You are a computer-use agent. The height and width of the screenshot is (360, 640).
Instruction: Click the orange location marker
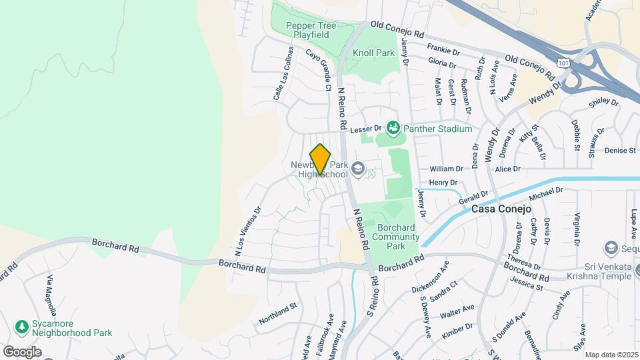[x=320, y=159]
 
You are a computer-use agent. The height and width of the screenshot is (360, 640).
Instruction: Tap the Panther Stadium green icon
[x=393, y=127]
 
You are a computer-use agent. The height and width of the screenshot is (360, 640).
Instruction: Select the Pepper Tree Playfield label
[x=311, y=30]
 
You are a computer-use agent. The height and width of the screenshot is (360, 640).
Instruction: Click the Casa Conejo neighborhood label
[x=501, y=209]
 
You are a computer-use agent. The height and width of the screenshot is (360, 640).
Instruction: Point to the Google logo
[x=22, y=351]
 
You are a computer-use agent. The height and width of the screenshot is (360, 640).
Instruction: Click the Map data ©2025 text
[x=612, y=355]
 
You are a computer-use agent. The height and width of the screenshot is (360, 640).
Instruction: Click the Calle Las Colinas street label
[x=283, y=74]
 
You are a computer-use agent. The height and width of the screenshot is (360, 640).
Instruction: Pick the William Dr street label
[x=446, y=169]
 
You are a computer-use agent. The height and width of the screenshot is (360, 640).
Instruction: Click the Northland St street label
[x=277, y=313]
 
